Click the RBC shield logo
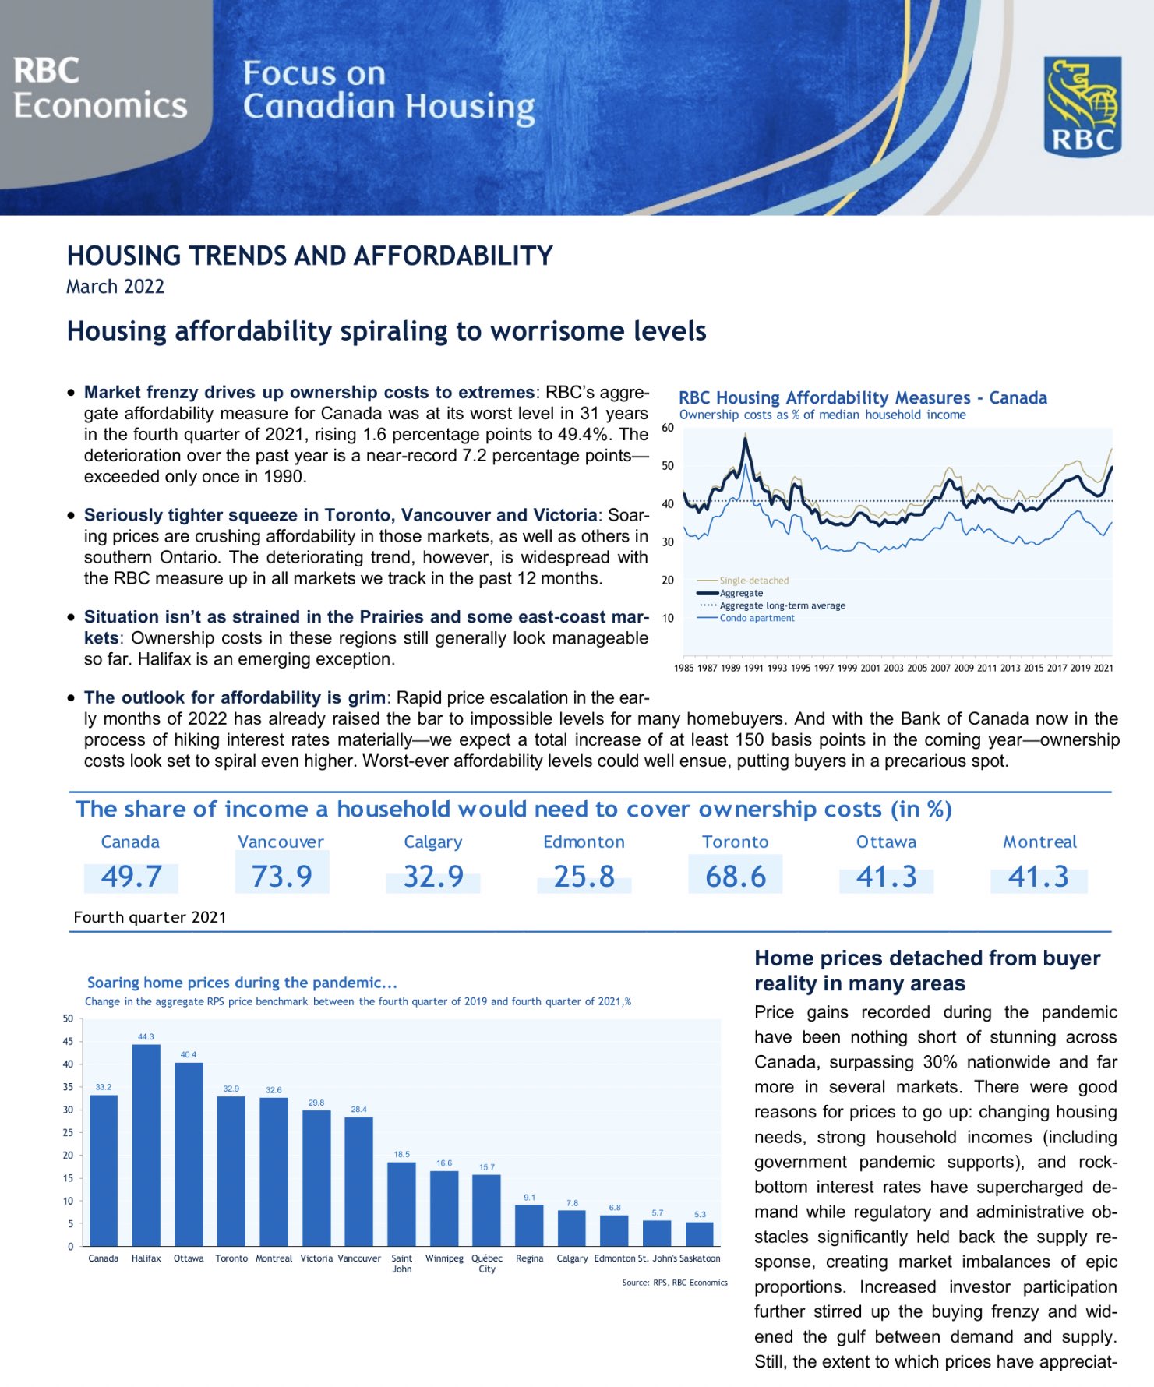[1082, 106]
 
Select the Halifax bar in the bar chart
[146, 1145]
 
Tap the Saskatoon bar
[699, 1234]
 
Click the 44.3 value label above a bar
[146, 1037]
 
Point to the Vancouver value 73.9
[281, 877]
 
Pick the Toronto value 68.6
[735, 877]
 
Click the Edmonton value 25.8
[584, 877]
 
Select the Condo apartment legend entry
[757, 618]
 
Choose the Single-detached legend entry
[753, 581]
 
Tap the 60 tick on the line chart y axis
[668, 428]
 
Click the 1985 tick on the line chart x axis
[683, 668]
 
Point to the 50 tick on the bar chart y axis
[68, 1018]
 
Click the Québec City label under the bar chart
[487, 1263]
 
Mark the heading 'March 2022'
[115, 287]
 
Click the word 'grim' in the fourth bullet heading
[366, 697]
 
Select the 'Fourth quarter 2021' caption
[150, 917]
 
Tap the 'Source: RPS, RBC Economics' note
[674, 1283]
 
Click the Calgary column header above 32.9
[432, 842]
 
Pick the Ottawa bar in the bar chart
[189, 1154]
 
